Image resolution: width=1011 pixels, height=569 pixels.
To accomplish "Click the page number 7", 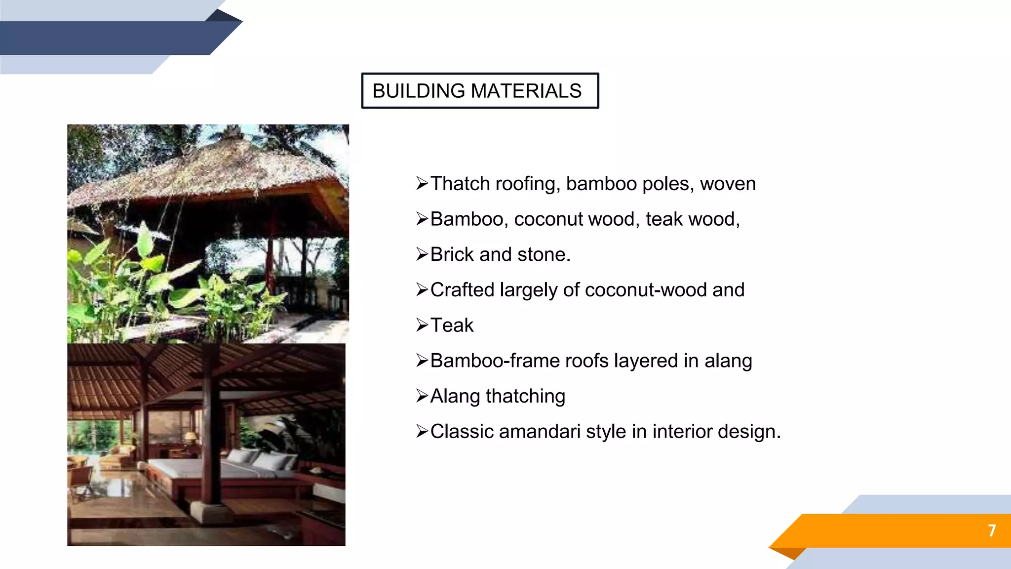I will (x=992, y=530).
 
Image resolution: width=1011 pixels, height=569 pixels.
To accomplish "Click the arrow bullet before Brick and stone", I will (x=422, y=254).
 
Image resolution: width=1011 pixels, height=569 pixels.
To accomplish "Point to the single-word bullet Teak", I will (x=452, y=325).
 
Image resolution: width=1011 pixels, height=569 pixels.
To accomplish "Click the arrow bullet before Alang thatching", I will (x=422, y=396).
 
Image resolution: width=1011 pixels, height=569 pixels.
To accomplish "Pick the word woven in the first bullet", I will (x=728, y=184).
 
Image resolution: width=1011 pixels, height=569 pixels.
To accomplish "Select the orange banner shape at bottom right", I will (x=889, y=530).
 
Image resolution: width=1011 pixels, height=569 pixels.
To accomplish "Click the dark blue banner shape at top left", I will (x=109, y=38).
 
